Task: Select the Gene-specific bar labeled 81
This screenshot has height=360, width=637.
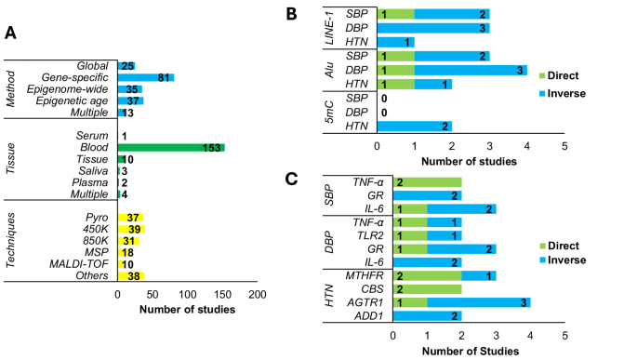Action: pyautogui.click(x=145, y=77)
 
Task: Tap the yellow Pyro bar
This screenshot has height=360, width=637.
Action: pyautogui.click(x=130, y=217)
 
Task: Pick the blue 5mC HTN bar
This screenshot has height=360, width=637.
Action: pyautogui.click(x=414, y=127)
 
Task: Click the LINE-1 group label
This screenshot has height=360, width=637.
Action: pyautogui.click(x=328, y=28)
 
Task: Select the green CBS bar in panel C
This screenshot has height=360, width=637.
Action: pyautogui.click(x=427, y=289)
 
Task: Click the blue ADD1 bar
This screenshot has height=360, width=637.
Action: pyautogui.click(x=427, y=316)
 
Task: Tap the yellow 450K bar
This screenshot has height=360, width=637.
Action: pyautogui.click(x=131, y=229)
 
